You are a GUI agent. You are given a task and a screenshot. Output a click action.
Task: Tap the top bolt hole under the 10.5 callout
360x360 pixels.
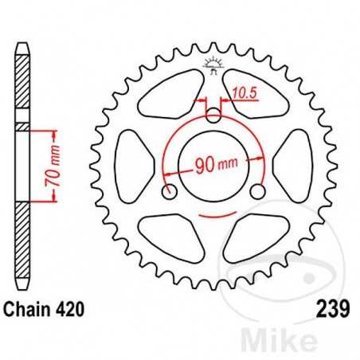tap(213, 116)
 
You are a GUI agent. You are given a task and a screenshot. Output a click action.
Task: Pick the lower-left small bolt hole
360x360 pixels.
tap(169, 193)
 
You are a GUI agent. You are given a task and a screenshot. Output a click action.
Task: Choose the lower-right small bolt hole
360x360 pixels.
tap(257, 193)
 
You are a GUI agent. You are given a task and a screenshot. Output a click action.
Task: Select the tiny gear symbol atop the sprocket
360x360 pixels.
tap(213, 65)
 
